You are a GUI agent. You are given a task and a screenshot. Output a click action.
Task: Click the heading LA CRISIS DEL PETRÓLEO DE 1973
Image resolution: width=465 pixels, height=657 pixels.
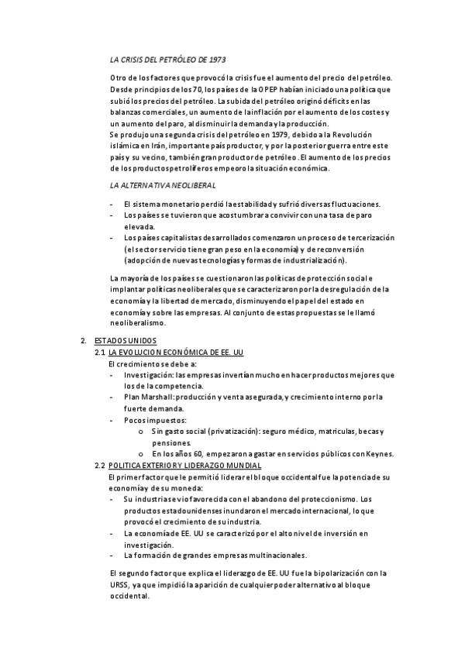pyautogui.click(x=168, y=59)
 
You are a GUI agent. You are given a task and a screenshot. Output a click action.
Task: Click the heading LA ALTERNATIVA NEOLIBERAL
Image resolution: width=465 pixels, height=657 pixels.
pyautogui.click(x=163, y=186)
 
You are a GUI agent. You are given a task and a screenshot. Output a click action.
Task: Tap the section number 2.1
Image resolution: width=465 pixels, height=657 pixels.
pyautogui.click(x=99, y=353)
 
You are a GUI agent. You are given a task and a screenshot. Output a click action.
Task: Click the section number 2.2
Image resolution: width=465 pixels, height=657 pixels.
pyautogui.click(x=99, y=465)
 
